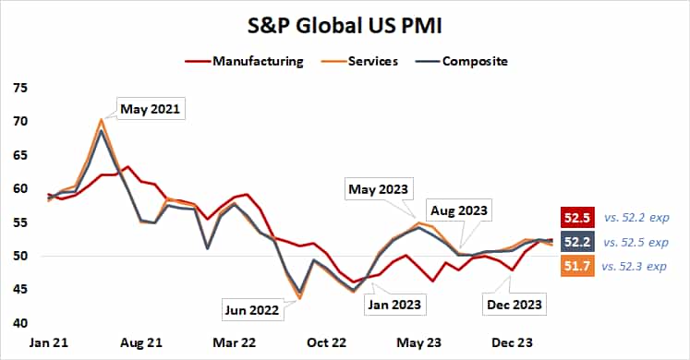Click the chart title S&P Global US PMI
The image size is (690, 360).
344,25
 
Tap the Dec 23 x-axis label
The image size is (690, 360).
511,342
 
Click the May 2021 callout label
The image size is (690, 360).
149,109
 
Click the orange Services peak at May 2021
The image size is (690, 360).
101,119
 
